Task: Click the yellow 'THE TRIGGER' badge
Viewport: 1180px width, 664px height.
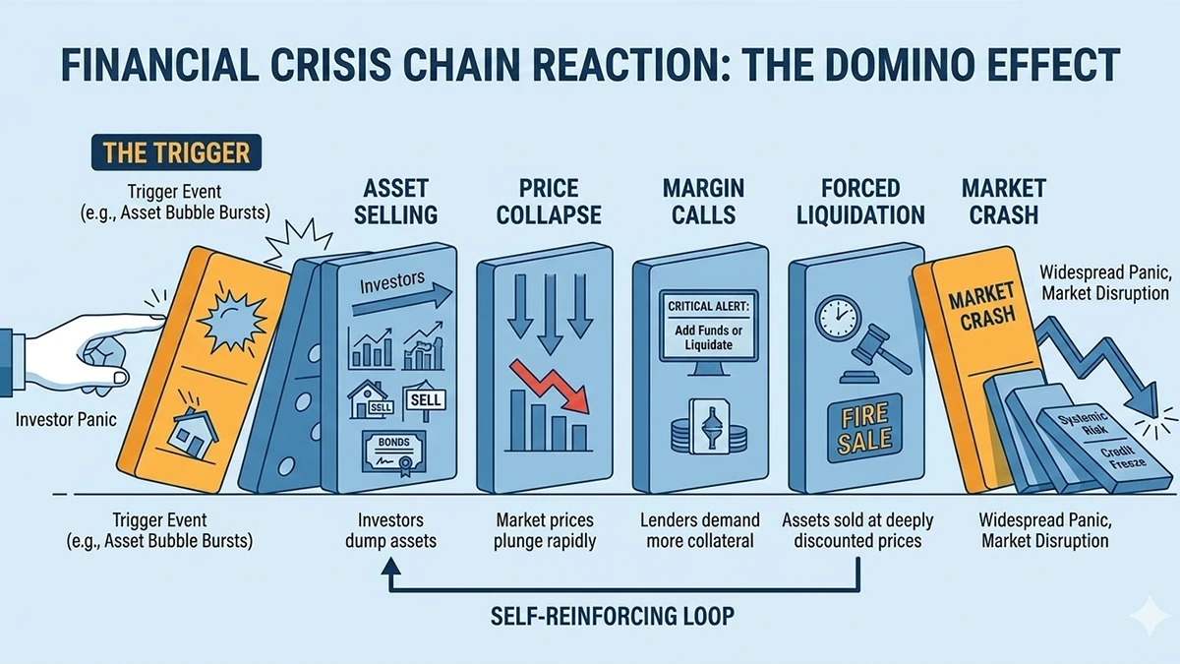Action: click(170, 153)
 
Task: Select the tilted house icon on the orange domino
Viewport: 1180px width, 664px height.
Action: click(193, 430)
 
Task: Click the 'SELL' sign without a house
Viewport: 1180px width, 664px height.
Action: click(425, 399)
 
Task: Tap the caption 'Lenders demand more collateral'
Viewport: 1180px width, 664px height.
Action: click(700, 530)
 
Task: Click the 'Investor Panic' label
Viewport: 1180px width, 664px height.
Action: click(66, 420)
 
